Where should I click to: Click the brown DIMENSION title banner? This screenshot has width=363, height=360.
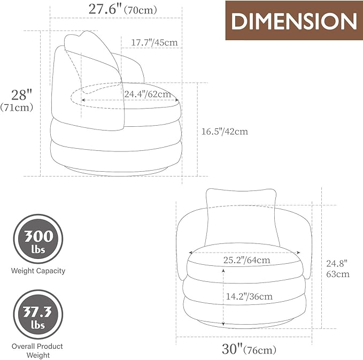(x=294, y=20)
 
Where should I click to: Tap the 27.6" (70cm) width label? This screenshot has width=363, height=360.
(x=123, y=10)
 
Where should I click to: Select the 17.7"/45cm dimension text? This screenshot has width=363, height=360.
(x=155, y=42)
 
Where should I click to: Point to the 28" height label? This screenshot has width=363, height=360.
(x=22, y=95)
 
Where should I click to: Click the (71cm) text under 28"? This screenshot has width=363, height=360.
(x=17, y=108)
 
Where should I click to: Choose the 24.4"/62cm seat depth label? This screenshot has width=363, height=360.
(x=148, y=94)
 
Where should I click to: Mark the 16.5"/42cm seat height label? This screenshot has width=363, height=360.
(x=225, y=132)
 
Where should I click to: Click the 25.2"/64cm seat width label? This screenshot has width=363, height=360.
(x=246, y=260)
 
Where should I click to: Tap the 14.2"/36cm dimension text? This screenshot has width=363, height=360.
(x=249, y=296)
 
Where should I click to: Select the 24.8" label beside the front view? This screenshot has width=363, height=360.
(x=337, y=263)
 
